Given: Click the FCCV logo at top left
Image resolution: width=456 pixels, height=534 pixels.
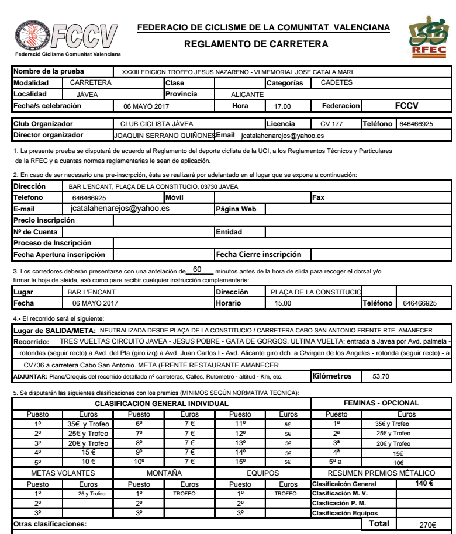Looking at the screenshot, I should (65, 37).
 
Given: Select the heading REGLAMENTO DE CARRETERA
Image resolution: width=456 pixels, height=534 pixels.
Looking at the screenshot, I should (256, 44).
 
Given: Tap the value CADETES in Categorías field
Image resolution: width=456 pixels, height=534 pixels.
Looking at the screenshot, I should (337, 82).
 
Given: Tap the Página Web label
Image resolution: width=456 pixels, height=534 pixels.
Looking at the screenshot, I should (236, 209).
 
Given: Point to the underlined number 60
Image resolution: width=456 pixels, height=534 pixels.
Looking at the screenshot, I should (196, 269).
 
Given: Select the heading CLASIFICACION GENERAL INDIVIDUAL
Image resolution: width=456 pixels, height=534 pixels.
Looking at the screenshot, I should (161, 403).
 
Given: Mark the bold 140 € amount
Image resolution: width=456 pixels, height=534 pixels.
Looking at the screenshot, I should (423, 483).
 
